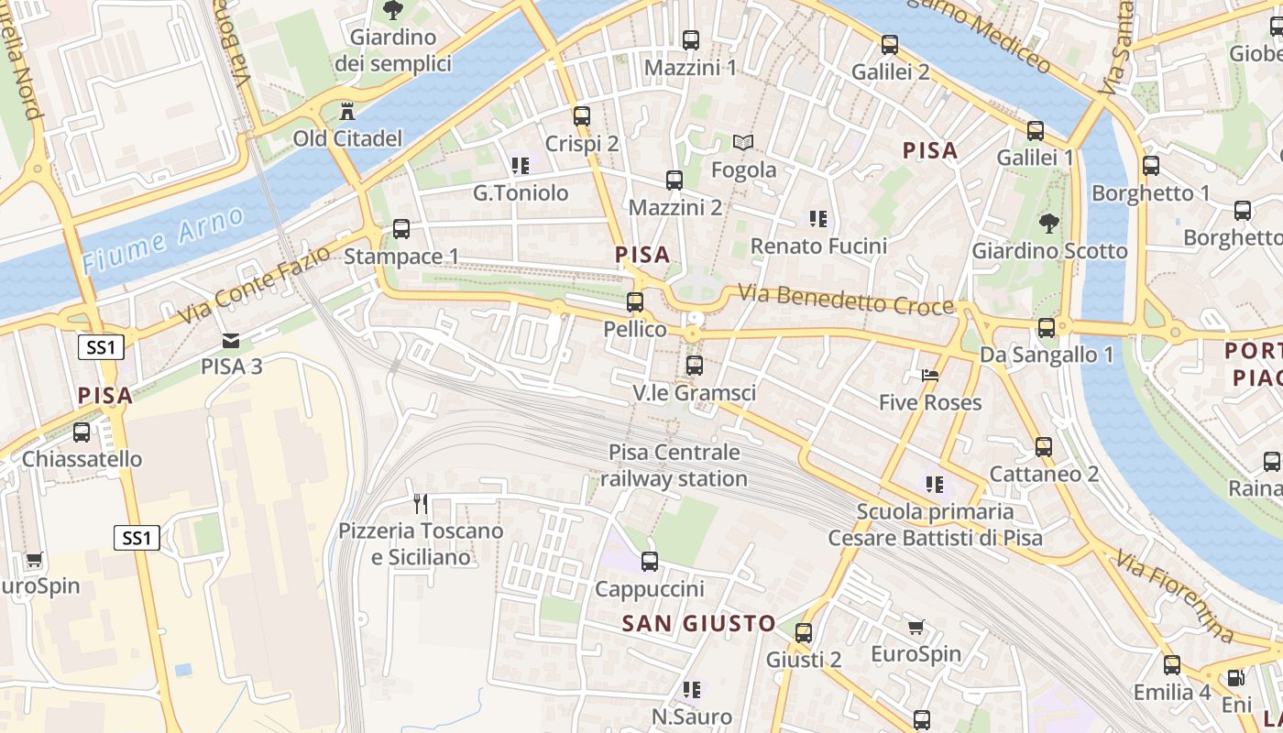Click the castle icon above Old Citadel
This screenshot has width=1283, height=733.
347,113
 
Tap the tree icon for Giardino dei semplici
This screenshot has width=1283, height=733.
392,11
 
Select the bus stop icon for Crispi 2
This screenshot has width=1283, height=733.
582,116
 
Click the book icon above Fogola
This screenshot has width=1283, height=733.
743,142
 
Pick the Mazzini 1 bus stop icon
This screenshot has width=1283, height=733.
691,40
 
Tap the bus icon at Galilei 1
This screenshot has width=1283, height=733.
1036,131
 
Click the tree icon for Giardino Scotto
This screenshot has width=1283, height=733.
1049,223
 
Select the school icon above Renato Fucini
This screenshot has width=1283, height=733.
818,219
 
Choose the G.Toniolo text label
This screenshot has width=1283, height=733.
521,193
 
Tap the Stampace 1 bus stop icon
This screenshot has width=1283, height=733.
401,229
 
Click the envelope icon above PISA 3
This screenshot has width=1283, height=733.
231,341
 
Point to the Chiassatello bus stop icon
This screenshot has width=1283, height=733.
82,432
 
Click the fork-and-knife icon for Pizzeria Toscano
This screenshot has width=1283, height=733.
421,503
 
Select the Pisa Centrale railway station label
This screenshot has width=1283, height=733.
674,465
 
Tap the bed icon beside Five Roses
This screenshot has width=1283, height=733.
930,376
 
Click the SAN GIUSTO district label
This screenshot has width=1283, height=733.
699,624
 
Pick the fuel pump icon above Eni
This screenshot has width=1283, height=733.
1235,678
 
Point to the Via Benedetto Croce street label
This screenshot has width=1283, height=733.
846,301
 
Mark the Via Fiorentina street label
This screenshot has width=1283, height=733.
1175,595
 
